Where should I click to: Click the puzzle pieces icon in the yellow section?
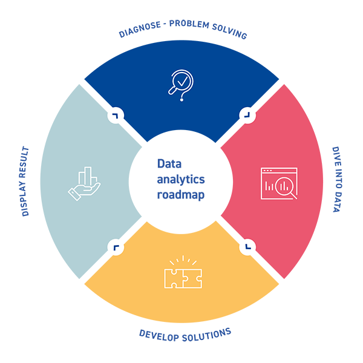point(183,275)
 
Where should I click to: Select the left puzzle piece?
point(174,278)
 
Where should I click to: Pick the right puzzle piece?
point(193,278)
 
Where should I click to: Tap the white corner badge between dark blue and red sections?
point(247,114)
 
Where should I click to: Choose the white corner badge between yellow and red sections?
point(247,246)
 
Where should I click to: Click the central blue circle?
point(181,180)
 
